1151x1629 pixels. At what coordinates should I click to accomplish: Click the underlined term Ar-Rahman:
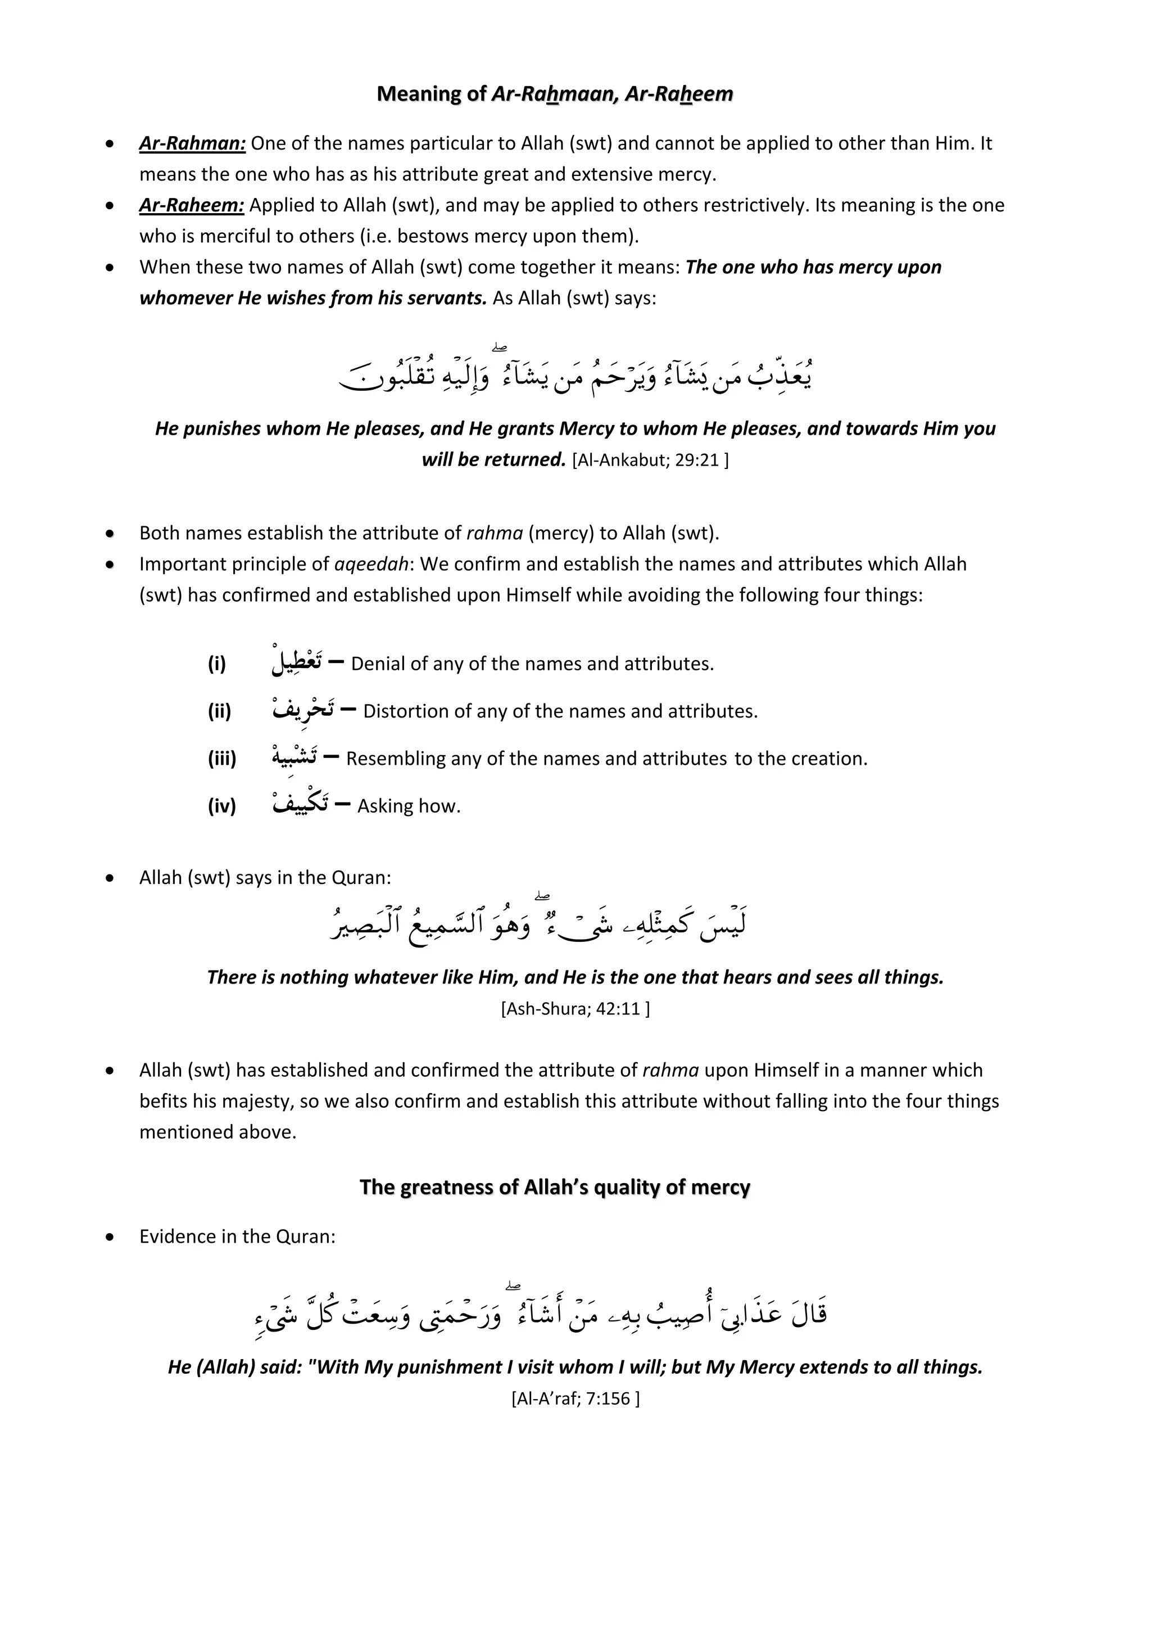coord(192,143)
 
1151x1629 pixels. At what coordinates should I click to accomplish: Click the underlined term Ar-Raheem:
coord(192,205)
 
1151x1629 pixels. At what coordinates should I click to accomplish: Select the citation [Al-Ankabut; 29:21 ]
coord(650,460)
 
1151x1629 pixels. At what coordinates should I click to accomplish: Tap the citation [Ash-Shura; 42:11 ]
coord(575,1008)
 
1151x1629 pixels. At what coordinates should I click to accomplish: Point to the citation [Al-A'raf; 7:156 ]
coord(575,1398)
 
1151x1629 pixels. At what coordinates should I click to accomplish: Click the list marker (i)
coord(217,664)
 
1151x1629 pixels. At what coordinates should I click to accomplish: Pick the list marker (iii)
coord(222,759)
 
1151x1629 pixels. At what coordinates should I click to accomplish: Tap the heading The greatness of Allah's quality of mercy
coord(555,1187)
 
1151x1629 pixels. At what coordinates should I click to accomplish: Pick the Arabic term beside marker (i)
coord(296,662)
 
